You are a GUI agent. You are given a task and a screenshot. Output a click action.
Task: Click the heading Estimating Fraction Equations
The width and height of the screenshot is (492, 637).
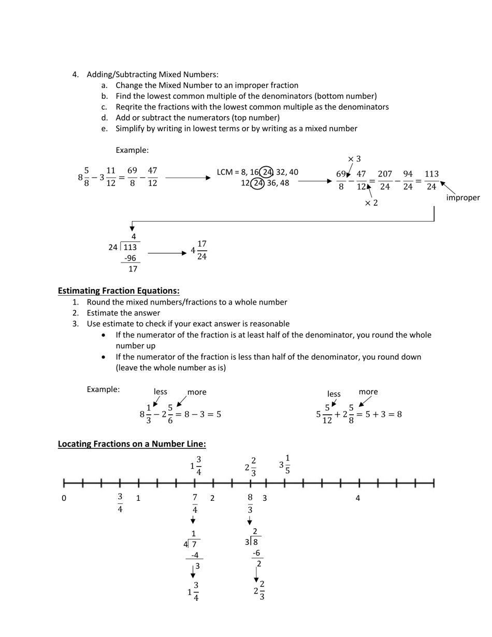pyautogui.click(x=119, y=291)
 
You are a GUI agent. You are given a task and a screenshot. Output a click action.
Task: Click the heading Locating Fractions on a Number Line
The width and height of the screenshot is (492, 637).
pyautogui.click(x=132, y=444)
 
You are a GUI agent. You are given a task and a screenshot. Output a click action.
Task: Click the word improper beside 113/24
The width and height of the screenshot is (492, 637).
pyautogui.click(x=462, y=197)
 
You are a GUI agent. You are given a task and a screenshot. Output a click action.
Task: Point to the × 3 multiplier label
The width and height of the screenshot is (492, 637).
pyautogui.click(x=354, y=159)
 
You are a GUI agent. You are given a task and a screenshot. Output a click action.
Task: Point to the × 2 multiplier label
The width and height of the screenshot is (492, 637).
pyautogui.click(x=371, y=203)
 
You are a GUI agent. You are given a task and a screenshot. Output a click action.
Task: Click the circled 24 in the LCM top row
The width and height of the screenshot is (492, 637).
pyautogui.click(x=266, y=172)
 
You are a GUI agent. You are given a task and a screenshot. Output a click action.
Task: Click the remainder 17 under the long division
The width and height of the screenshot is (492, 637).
pyautogui.click(x=133, y=269)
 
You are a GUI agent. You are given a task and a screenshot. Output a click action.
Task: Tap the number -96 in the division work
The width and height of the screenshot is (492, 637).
pyautogui.click(x=130, y=258)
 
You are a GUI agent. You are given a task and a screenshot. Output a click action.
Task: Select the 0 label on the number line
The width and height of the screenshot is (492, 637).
pyautogui.click(x=64, y=499)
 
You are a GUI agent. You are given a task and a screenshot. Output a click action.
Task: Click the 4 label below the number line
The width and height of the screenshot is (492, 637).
pyautogui.click(x=357, y=499)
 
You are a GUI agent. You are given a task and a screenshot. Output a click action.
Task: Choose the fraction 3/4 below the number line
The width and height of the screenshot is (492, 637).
pyautogui.click(x=120, y=503)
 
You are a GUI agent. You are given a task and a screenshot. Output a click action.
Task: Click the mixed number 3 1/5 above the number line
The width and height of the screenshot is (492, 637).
pyautogui.click(x=285, y=465)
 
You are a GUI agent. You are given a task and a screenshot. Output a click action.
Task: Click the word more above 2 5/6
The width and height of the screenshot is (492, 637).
pyautogui.click(x=197, y=392)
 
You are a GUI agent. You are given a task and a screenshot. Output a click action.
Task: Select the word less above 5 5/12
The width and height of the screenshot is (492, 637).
pyautogui.click(x=334, y=394)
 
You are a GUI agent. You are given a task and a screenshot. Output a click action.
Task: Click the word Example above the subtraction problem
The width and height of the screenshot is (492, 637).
pyautogui.click(x=132, y=150)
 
